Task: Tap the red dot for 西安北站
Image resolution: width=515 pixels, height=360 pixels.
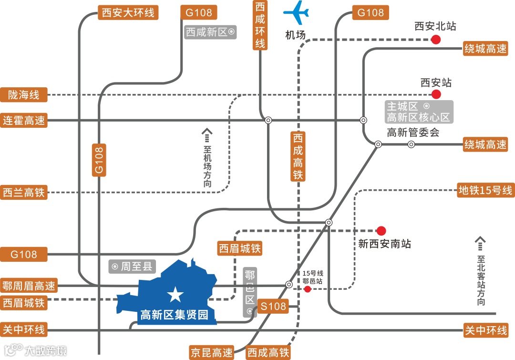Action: [x=435, y=40]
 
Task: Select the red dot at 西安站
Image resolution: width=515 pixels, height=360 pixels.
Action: [x=435, y=94]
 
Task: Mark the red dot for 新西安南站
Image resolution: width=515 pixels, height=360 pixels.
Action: [x=381, y=231]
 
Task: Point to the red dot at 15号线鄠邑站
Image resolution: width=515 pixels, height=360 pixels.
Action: [x=308, y=289]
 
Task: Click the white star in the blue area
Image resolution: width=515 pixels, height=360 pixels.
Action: [x=175, y=295]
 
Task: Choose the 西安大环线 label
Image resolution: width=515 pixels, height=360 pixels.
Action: [x=128, y=12]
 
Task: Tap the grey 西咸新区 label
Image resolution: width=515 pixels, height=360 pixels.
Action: [x=210, y=32]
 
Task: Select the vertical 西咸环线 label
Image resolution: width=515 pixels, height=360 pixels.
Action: [x=260, y=25]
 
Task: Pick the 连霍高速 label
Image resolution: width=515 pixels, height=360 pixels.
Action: [x=24, y=120]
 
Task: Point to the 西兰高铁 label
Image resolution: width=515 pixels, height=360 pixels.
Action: [x=24, y=193]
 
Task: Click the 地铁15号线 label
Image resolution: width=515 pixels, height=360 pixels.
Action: [x=484, y=190]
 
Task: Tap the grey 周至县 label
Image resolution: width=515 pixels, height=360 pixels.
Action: [x=132, y=266]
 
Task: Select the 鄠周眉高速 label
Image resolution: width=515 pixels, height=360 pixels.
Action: [x=29, y=286]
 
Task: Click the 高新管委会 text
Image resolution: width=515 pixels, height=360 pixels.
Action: [x=412, y=132]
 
